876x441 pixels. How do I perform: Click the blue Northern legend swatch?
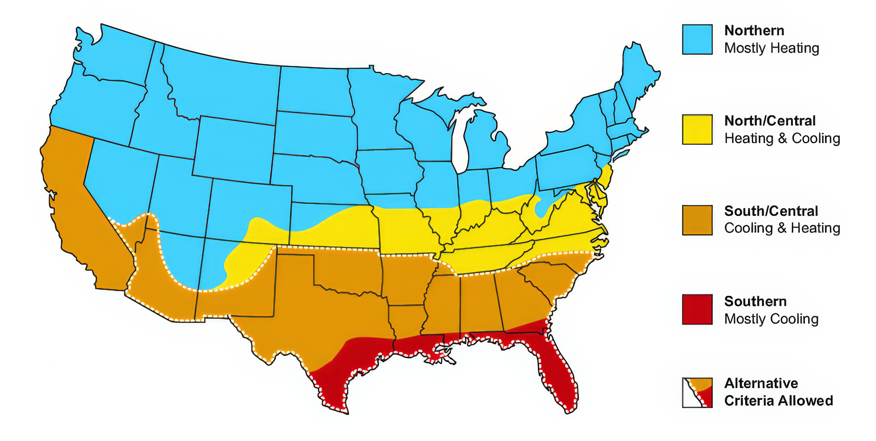pyautogui.click(x=697, y=39)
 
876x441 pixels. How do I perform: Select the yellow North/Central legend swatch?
pyautogui.click(x=697, y=130)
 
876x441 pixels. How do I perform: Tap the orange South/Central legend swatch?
pyautogui.click(x=697, y=220)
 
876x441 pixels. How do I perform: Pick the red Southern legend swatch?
pyautogui.click(x=697, y=309)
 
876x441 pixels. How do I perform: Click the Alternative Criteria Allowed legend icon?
pyautogui.click(x=697, y=392)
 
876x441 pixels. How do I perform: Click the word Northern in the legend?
pyautogui.click(x=754, y=31)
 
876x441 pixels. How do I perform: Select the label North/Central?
pyautogui.click(x=770, y=121)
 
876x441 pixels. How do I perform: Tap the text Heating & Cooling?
pyautogui.click(x=782, y=138)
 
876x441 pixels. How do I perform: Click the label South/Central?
pyautogui.click(x=771, y=211)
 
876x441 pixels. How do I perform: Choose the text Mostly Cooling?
pyautogui.click(x=771, y=319)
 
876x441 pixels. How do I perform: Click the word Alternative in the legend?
pyautogui.click(x=761, y=383)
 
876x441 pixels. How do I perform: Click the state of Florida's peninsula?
pyautogui.click(x=558, y=374)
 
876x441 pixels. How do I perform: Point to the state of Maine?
pyautogui.click(x=636, y=75)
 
